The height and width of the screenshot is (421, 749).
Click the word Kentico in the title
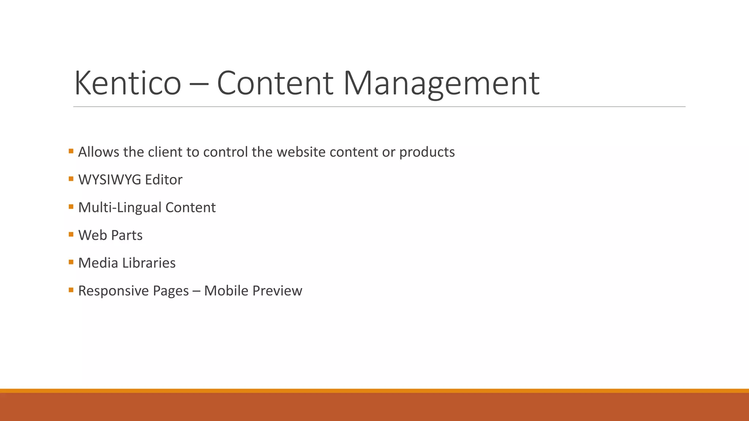pos(128,83)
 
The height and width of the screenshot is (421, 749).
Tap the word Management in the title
pos(441,83)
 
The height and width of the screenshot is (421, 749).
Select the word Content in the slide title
pos(275,83)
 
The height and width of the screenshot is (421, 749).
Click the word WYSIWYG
pos(110,180)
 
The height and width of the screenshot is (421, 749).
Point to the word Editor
pos(163,180)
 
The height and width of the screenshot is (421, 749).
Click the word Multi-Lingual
pos(120,208)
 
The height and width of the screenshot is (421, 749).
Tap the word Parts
pos(127,235)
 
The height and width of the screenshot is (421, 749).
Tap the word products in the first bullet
pos(427,152)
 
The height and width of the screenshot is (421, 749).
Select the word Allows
pos(99,152)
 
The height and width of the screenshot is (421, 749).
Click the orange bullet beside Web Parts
pos(71,234)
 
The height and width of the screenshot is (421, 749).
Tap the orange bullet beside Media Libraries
pos(71,262)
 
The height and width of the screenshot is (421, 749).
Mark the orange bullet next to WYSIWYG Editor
pos(71,179)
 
